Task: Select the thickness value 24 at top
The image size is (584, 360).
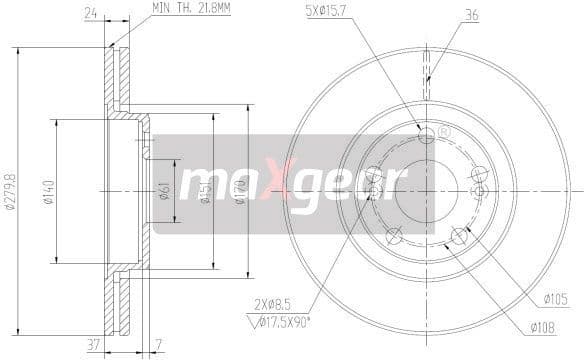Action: click(x=89, y=14)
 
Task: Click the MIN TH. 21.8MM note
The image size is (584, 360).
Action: click(x=192, y=8)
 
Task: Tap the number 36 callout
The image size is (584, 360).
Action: click(x=472, y=14)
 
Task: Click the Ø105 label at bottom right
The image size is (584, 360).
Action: click(x=556, y=298)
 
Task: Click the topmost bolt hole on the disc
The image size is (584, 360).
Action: click(x=427, y=135)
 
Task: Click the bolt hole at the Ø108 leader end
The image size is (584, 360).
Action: click(x=459, y=235)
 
